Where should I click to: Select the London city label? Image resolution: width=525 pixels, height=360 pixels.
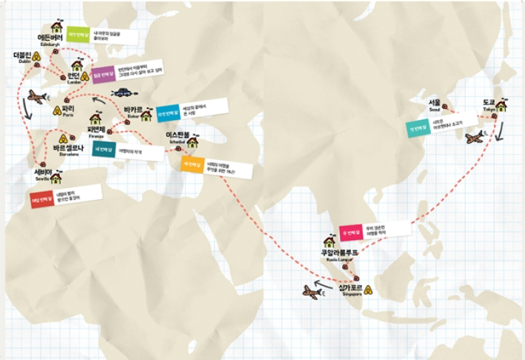(x=73, y=77)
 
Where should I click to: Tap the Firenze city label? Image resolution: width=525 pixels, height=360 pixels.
(x=97, y=130)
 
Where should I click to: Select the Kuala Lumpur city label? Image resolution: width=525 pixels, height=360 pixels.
(x=338, y=253)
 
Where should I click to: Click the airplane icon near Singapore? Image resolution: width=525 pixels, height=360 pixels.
(x=312, y=293)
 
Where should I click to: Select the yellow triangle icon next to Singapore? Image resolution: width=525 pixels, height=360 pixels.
(x=367, y=287)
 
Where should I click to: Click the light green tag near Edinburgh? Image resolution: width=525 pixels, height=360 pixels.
(x=77, y=34)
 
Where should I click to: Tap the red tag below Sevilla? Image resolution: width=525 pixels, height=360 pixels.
(x=41, y=198)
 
